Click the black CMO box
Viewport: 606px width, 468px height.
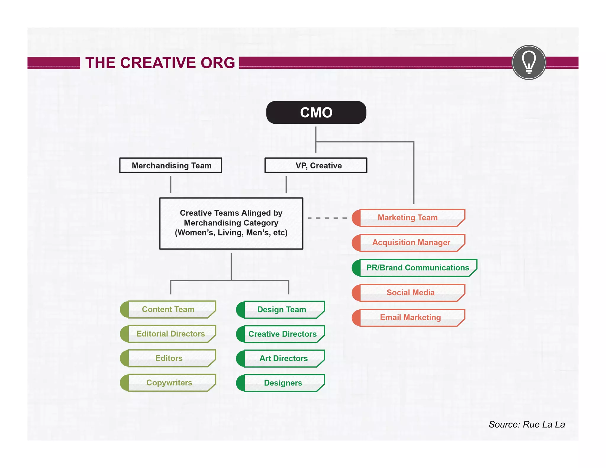click(x=316, y=112)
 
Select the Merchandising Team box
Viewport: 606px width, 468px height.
click(x=171, y=165)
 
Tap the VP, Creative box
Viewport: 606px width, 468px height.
click(x=316, y=165)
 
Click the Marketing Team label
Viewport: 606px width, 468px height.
click(x=408, y=218)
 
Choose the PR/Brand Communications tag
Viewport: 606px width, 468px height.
click(x=417, y=268)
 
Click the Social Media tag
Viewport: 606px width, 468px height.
click(x=410, y=293)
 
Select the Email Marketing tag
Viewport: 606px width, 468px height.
click(x=410, y=317)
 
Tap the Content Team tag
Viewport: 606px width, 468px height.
click(x=168, y=309)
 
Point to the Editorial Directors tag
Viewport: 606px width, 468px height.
click(x=170, y=334)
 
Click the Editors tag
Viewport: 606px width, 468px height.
click(x=169, y=358)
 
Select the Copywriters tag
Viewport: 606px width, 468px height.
click(x=169, y=383)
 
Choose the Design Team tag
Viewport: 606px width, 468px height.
click(x=281, y=310)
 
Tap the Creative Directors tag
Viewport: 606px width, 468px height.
click(x=282, y=334)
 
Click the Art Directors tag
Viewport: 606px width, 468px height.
click(x=283, y=359)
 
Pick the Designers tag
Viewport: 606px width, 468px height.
click(x=283, y=383)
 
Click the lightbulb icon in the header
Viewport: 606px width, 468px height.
click(x=529, y=62)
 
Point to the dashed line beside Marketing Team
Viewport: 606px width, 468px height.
click(x=327, y=218)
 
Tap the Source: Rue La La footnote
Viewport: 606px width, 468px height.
click(x=527, y=425)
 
